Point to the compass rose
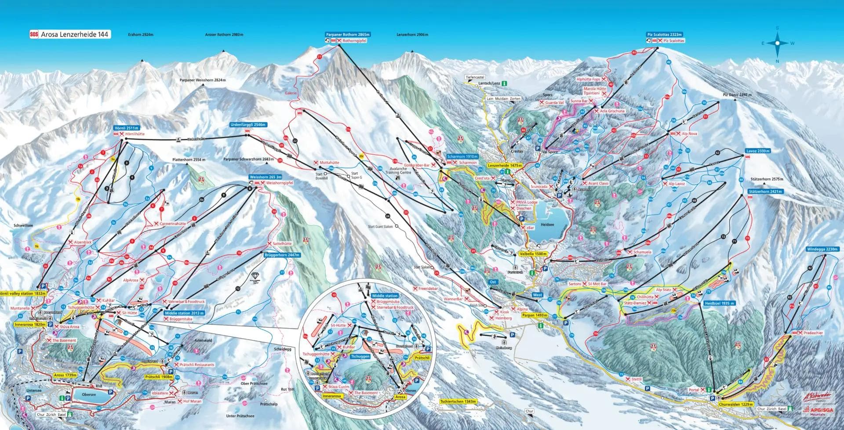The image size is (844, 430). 777,43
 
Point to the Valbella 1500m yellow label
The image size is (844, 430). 533,254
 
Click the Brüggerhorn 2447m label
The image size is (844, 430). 281,254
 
